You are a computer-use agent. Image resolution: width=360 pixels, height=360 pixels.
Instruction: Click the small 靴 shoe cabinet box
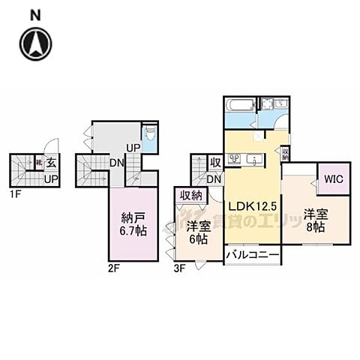[x=38, y=161]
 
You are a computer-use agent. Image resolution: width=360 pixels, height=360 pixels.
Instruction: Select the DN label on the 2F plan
[x=116, y=162]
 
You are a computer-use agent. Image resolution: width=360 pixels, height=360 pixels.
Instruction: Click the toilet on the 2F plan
[x=150, y=137]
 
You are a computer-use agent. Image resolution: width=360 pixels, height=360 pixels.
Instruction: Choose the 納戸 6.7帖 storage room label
[x=135, y=223]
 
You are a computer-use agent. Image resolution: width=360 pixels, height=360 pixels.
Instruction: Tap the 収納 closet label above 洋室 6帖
[x=190, y=195]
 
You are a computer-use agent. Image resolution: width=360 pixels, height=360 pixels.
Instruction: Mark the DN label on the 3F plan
[x=214, y=179]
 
